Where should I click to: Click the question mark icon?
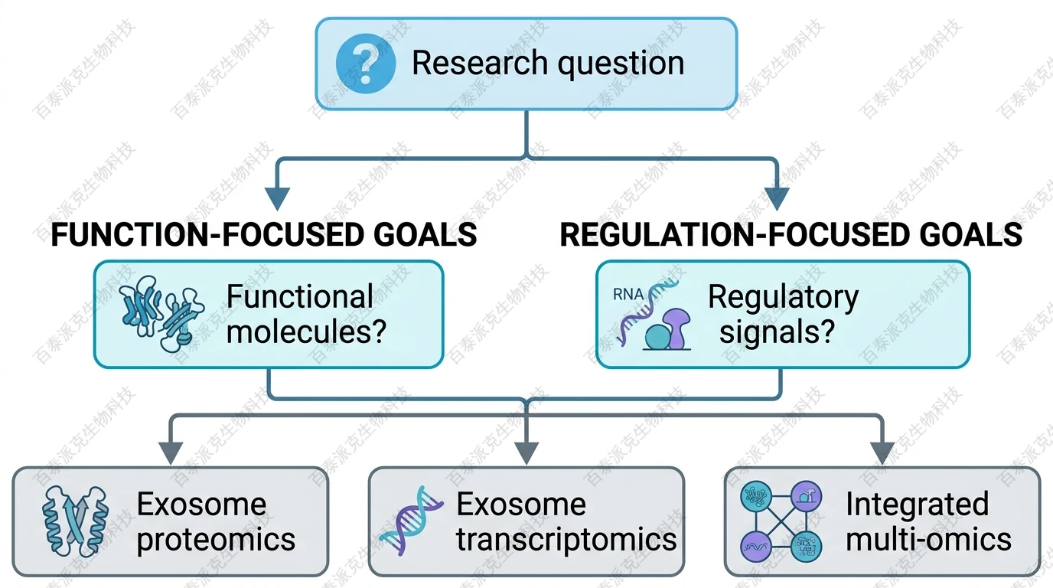365,63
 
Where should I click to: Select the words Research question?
548,63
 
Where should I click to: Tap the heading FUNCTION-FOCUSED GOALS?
264,234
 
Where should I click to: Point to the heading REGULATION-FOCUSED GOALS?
791,234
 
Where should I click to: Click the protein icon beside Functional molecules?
161,315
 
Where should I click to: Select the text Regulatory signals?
783,314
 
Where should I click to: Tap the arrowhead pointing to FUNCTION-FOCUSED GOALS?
276,198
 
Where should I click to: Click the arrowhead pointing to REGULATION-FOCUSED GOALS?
777,198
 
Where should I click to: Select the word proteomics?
216,540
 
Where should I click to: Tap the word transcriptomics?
566,540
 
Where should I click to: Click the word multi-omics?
928,540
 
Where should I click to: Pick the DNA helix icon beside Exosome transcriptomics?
411,521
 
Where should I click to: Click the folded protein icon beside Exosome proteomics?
75,521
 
